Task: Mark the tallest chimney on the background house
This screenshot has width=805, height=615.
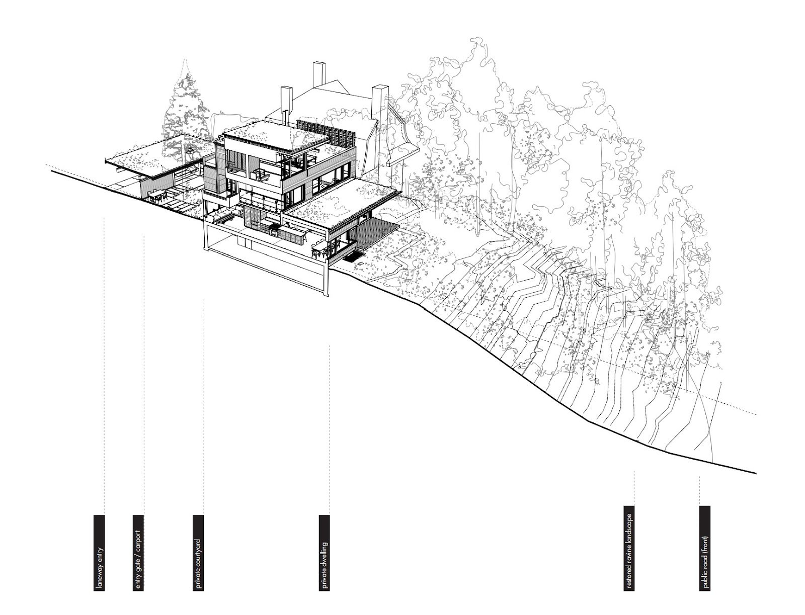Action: [x=318, y=75]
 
